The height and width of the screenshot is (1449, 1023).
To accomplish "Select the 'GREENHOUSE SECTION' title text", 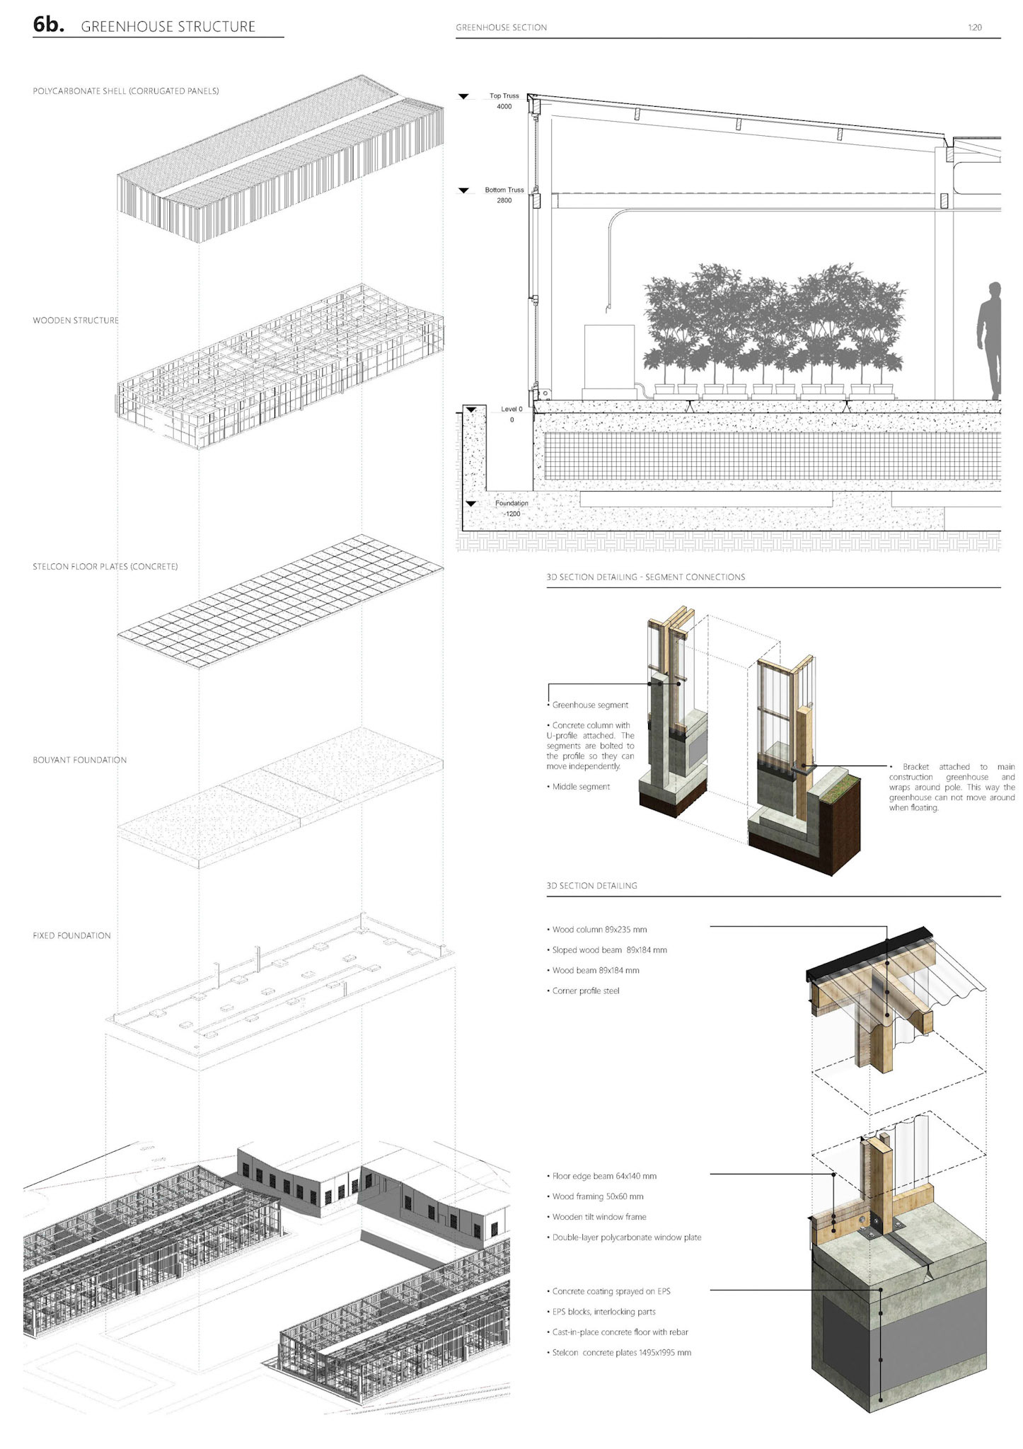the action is coord(501,28).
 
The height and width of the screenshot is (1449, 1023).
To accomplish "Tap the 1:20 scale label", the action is coord(974,28).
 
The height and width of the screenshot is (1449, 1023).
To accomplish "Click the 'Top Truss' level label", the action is coord(504,96).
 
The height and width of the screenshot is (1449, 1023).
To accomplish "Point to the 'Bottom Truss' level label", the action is coord(504,190).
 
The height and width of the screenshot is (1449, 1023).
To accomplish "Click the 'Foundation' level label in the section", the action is coord(511,503).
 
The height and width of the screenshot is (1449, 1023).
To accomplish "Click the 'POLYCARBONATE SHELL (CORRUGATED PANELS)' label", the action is coord(126,91).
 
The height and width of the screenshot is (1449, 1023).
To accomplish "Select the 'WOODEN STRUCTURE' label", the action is coord(76,321).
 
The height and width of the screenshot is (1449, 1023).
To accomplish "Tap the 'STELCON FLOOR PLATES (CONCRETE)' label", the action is coord(105,567).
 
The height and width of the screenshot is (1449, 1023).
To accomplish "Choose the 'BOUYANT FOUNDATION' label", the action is coord(80,760).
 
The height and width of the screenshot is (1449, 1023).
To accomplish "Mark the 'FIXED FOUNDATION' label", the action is coord(71,935).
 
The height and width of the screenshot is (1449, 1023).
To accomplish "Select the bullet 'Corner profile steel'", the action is coord(585,991).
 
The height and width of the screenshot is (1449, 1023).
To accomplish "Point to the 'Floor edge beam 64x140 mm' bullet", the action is coord(603,1176).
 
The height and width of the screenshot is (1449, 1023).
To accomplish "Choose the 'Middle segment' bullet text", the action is coord(580,787).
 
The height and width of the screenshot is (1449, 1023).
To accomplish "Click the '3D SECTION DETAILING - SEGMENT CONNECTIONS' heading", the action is coord(645,577).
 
